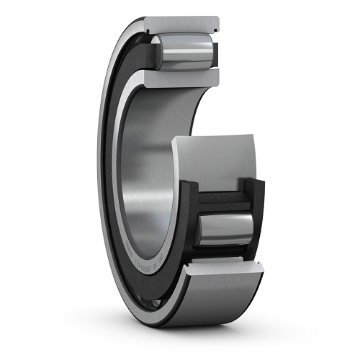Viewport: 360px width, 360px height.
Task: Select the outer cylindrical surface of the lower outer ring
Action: [x=209, y=302]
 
